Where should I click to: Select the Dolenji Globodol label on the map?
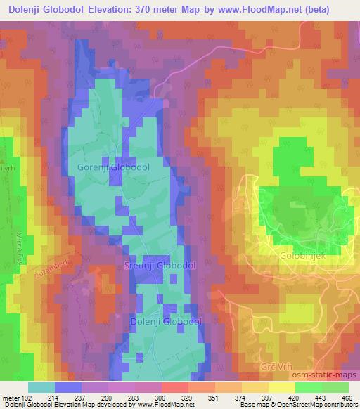point(167,321)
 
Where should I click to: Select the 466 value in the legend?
point(347,398)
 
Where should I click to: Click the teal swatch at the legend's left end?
point(41,387)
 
